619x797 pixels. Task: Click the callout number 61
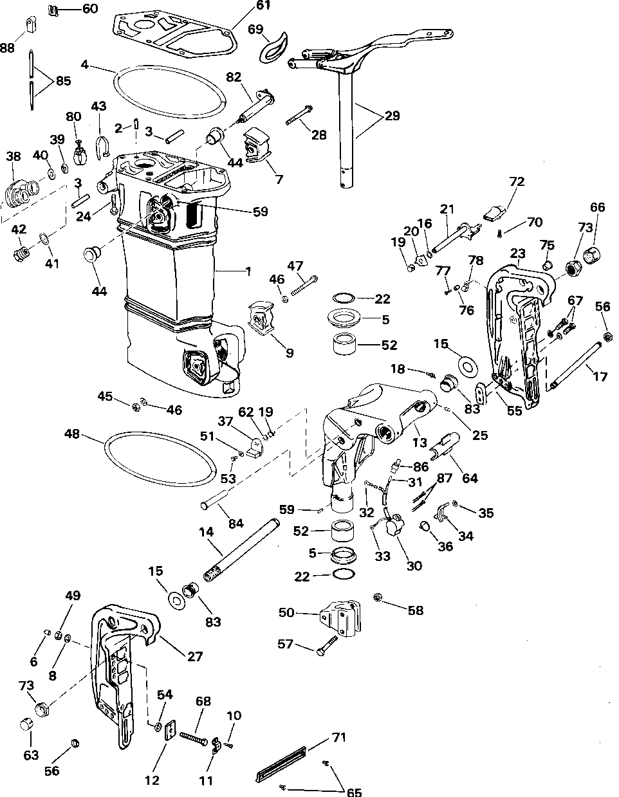click(245, 6)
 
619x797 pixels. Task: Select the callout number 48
click(72, 435)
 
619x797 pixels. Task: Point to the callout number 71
click(338, 737)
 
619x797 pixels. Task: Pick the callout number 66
click(598, 207)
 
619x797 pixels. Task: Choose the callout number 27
click(194, 657)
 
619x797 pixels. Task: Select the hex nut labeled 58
click(378, 599)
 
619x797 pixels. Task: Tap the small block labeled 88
click(30, 26)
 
